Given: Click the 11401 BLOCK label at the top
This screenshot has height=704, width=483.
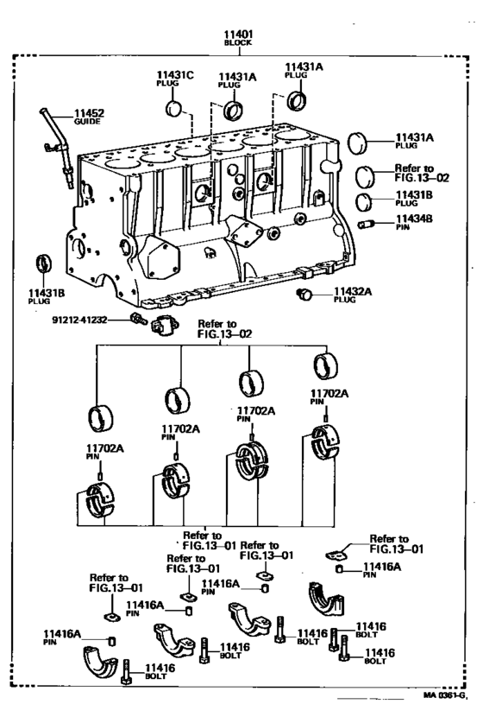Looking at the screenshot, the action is pyautogui.click(x=238, y=38).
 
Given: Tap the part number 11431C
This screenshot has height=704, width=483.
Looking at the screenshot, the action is pyautogui.click(x=175, y=75).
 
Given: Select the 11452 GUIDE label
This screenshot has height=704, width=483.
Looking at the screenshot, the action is pyautogui.click(x=89, y=117).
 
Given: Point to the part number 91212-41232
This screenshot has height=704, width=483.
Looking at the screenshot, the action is pyautogui.click(x=80, y=320).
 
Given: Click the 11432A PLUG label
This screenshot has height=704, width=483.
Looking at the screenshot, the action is pyautogui.click(x=353, y=295).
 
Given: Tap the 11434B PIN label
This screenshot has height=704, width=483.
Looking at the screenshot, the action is pyautogui.click(x=414, y=222).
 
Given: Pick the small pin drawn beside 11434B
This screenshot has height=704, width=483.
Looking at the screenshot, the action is pyautogui.click(x=366, y=224).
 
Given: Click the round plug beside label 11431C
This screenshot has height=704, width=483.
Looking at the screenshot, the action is pyautogui.click(x=174, y=109).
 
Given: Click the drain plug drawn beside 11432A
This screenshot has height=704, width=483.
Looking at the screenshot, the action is pyautogui.click(x=304, y=294).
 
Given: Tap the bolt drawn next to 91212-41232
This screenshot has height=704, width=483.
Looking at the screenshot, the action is pyautogui.click(x=139, y=320).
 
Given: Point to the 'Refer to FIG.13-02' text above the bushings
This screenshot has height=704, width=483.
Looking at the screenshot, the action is pyautogui.click(x=225, y=328).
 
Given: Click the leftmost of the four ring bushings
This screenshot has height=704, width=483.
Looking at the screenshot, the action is pyautogui.click(x=100, y=418).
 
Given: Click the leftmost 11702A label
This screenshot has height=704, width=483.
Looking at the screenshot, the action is pyautogui.click(x=105, y=452).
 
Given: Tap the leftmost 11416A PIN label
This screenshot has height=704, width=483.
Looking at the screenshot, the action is pyautogui.click(x=62, y=637).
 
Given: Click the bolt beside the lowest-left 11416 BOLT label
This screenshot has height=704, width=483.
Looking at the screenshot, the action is pyautogui.click(x=127, y=672).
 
